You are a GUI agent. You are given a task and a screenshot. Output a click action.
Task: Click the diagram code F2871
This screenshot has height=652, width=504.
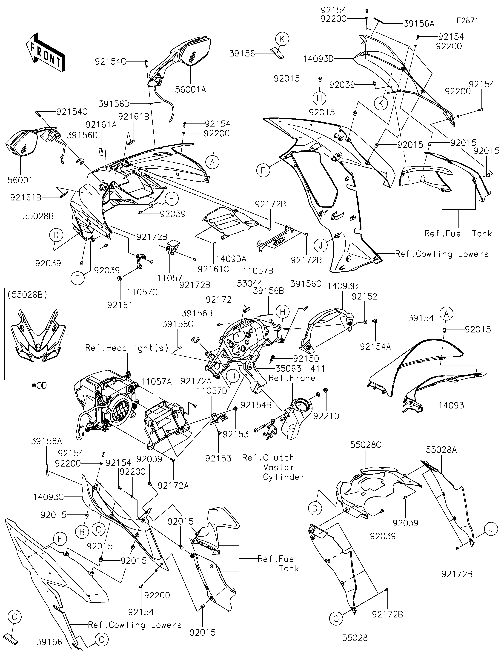pyautogui.click(x=467, y=21)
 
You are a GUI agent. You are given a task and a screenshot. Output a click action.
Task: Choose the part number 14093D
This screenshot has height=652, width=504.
pyautogui.click(x=318, y=59)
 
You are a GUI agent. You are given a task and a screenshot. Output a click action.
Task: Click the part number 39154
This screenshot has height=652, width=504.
pyautogui.click(x=421, y=318)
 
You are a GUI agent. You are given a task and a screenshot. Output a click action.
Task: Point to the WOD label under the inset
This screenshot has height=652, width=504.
pyautogui.click(x=39, y=386)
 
